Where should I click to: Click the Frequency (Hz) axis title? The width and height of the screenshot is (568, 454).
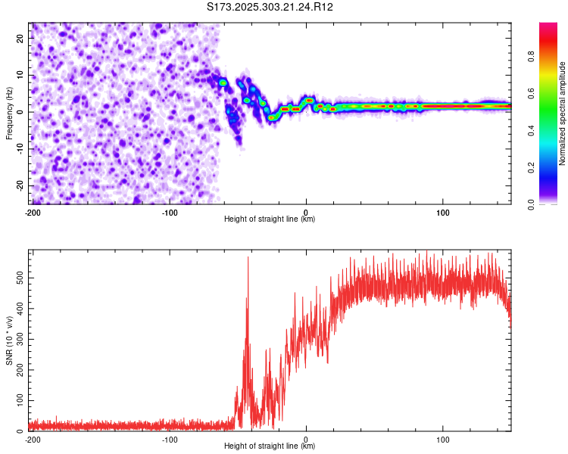tap(9, 112)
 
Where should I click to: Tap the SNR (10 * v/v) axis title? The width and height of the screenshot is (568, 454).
tap(10, 340)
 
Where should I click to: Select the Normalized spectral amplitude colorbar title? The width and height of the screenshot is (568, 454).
tap(563, 113)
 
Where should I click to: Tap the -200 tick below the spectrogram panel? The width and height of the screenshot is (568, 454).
tap(33, 212)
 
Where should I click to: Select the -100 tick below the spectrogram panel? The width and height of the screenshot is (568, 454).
tap(169, 212)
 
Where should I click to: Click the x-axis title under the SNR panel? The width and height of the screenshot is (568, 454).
tap(270, 446)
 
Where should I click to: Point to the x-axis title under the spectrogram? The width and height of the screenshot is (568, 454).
tap(270, 219)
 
